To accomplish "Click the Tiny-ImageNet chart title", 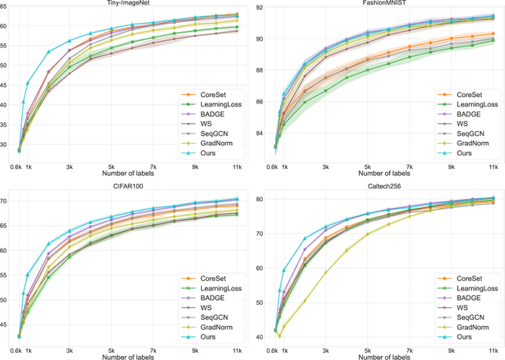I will point(131,4).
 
